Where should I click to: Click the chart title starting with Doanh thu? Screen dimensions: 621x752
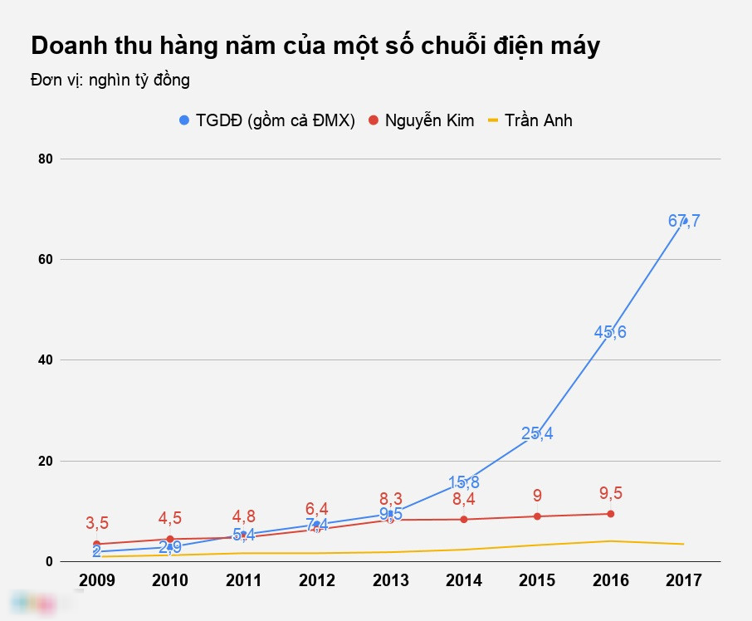coord(315,46)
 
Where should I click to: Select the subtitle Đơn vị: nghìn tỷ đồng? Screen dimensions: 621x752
coord(110,81)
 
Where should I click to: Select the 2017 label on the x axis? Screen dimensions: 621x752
coord(684,580)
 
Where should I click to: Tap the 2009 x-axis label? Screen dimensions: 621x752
coord(96,580)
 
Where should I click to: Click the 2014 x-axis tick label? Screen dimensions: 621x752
coord(463,580)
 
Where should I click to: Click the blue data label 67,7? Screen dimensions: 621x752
coord(684,221)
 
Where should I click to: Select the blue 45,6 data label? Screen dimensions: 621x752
coord(610,332)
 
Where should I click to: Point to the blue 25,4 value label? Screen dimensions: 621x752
coord(537,433)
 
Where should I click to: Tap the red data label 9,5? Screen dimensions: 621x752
coord(611,493)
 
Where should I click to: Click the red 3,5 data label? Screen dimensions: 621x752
coord(97,523)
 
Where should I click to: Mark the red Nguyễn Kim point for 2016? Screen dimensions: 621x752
coord(611,514)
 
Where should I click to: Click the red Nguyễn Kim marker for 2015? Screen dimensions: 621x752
coord(537,516)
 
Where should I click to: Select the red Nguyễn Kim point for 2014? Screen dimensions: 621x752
coord(463,520)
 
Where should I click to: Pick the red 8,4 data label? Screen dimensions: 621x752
coord(463,500)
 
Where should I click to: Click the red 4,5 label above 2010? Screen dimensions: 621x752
coord(170,518)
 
